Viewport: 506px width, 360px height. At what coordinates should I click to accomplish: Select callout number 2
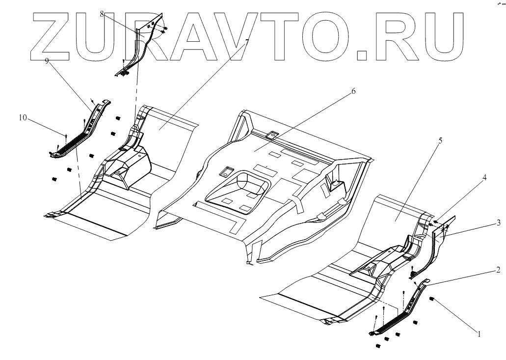click(x=498, y=270)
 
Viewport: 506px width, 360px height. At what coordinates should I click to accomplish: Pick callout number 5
click(x=440, y=141)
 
